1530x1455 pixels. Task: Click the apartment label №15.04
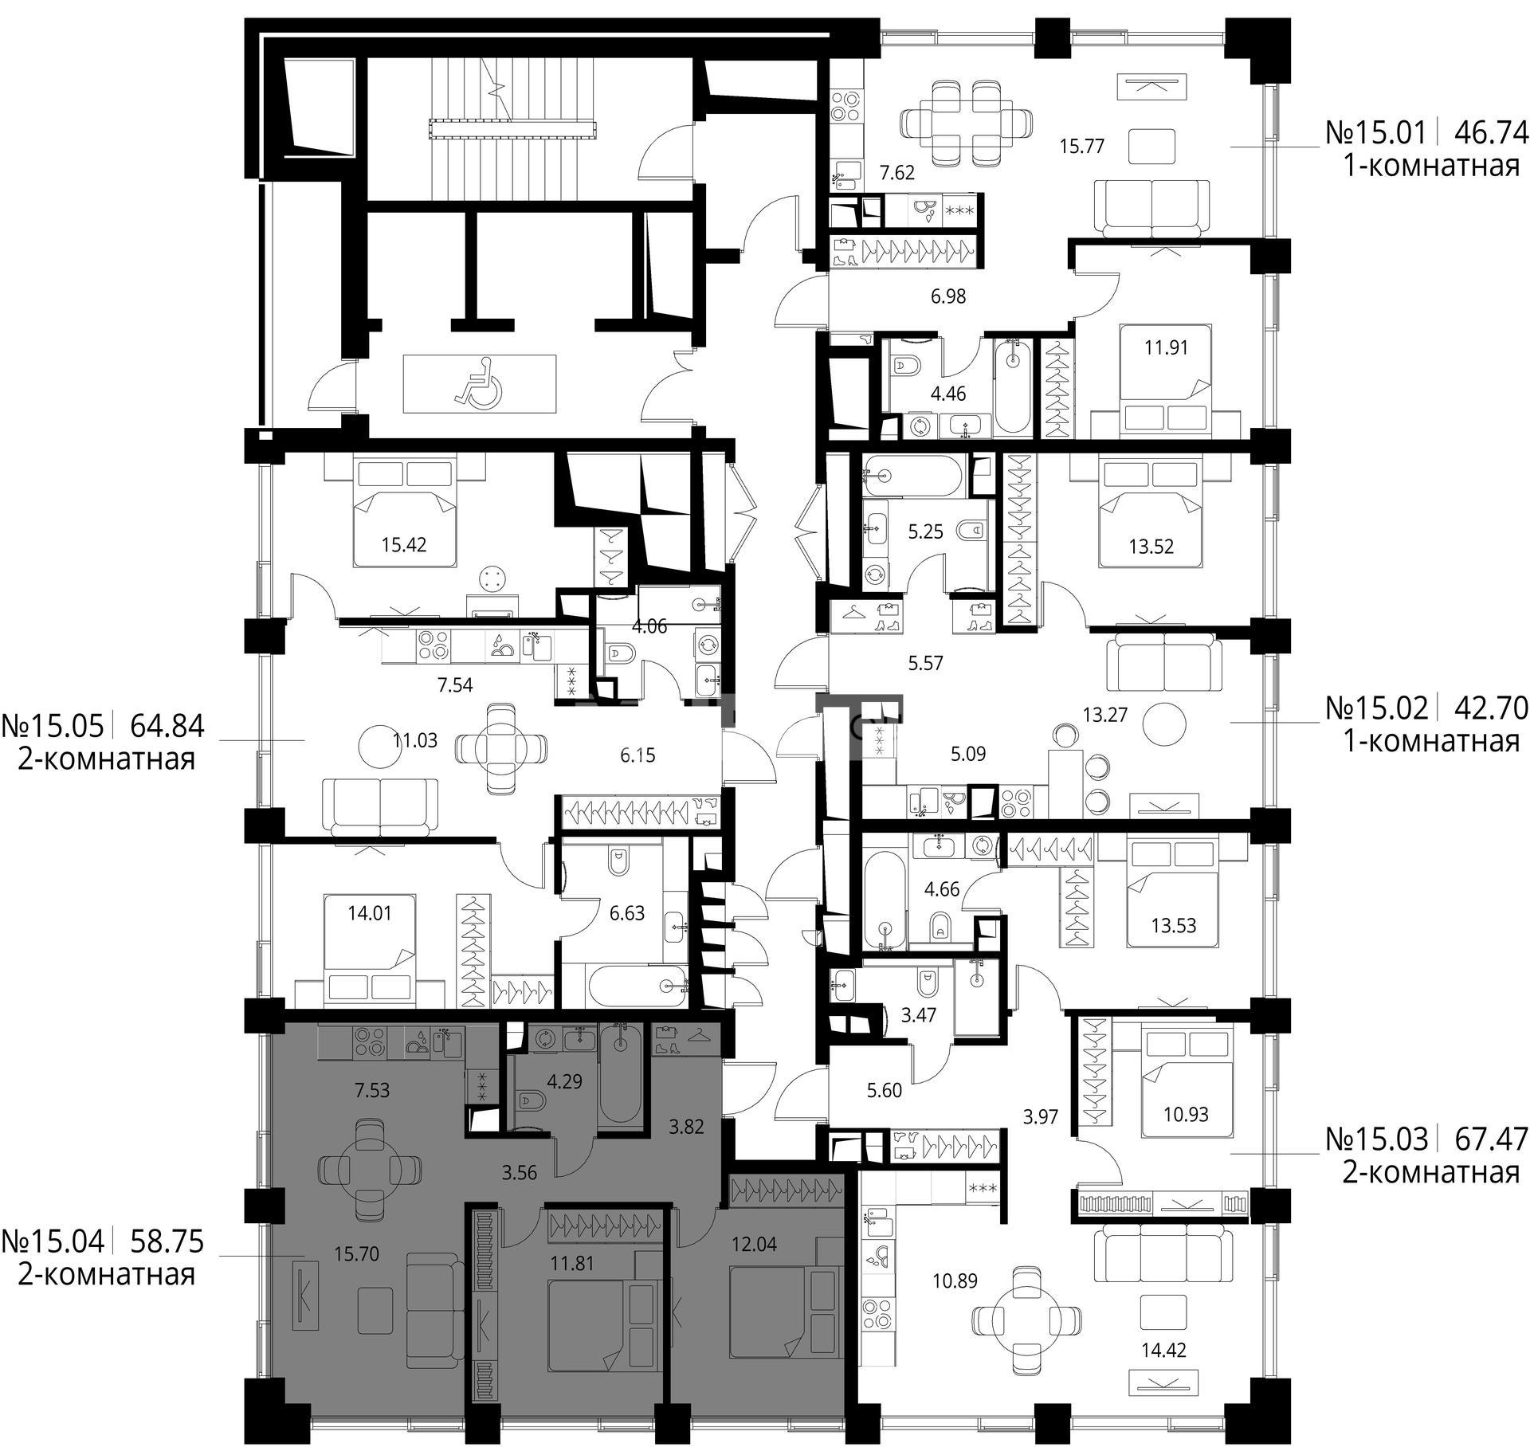click(x=53, y=1241)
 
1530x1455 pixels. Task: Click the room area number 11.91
click(x=1166, y=347)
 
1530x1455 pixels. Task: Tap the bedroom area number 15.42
click(x=403, y=545)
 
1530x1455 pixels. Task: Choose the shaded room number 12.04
click(x=753, y=1243)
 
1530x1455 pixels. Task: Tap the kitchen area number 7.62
click(x=897, y=173)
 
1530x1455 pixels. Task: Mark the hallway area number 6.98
click(x=947, y=296)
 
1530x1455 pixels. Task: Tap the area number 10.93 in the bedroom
click(x=1186, y=1114)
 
